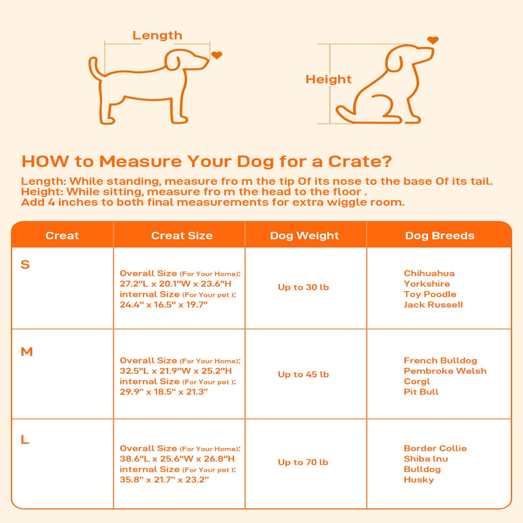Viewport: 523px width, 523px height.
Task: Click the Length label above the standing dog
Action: point(157,36)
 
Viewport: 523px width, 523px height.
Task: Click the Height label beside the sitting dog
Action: point(329,79)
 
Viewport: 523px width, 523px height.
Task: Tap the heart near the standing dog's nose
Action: point(217,55)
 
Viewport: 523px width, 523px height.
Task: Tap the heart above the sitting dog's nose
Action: point(433,40)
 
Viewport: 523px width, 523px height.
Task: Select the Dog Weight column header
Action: point(304,236)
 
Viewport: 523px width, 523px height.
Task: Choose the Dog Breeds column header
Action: point(440,236)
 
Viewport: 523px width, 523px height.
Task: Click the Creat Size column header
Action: point(182,236)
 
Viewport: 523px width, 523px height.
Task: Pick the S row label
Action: point(25,265)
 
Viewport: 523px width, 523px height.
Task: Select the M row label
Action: point(27,352)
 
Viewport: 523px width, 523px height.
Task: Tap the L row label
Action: point(25,439)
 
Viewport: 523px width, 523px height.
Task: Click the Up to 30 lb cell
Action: point(303,287)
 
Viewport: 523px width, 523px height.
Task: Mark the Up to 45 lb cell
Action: point(303,374)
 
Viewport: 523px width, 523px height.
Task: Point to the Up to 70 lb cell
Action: point(303,462)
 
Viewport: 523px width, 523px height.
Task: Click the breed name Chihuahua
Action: point(429,273)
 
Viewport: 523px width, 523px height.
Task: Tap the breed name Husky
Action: point(419,479)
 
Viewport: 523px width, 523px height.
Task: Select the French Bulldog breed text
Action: point(440,360)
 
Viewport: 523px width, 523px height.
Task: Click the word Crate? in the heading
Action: point(360,162)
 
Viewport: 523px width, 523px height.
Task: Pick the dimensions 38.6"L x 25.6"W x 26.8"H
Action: point(177,458)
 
